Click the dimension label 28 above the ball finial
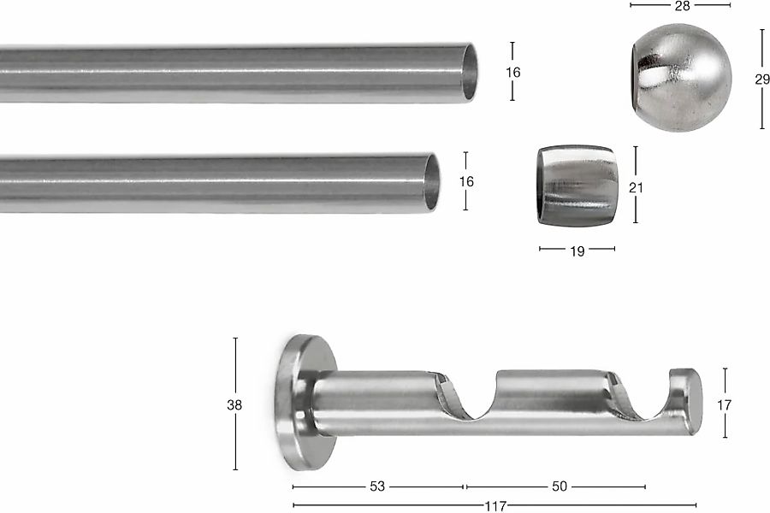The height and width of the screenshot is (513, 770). coord(682,6)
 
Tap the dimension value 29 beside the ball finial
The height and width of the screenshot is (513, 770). coord(762,79)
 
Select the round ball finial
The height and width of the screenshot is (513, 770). coord(681,78)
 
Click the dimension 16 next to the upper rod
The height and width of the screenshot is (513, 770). coord(512,72)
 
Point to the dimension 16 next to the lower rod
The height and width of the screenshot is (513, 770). coord(466,181)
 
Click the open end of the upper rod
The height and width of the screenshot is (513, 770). coord(470,73)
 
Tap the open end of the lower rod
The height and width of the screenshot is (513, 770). coord(432,182)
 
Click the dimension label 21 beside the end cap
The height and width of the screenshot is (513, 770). coord(636,187)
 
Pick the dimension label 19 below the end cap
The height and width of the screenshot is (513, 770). coord(577,251)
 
